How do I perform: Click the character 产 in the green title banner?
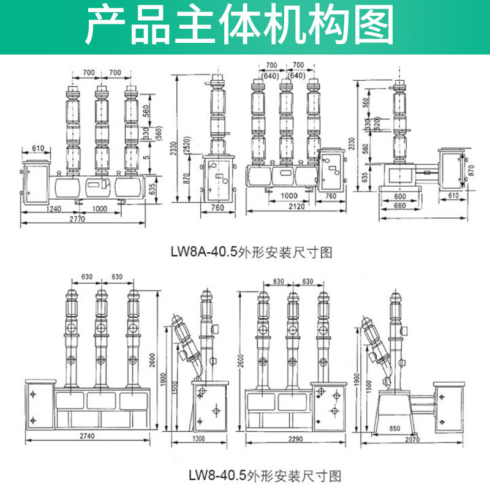click(106, 27)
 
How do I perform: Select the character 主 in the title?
click(200, 27)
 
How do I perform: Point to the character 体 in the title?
click(247, 27)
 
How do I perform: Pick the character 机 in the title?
click(293, 27)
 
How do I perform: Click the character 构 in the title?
click(339, 27)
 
